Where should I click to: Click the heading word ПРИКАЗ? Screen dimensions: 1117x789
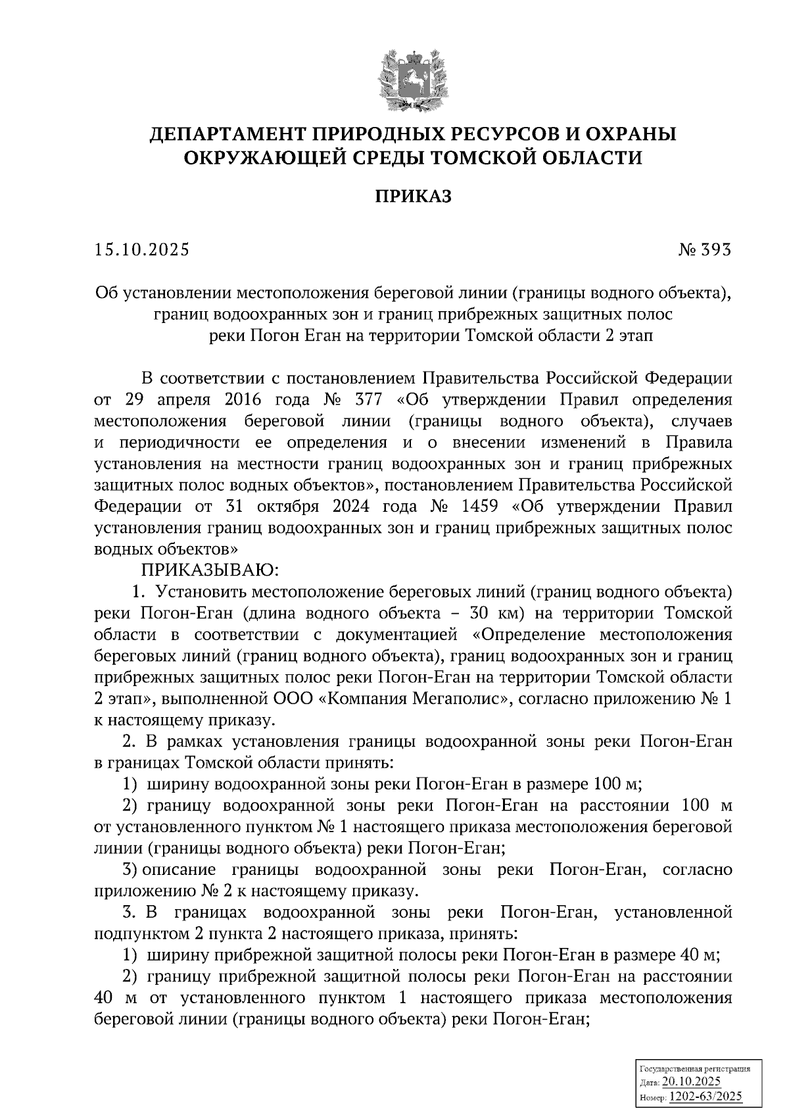pos(413,196)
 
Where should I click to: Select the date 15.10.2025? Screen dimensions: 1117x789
pos(141,250)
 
